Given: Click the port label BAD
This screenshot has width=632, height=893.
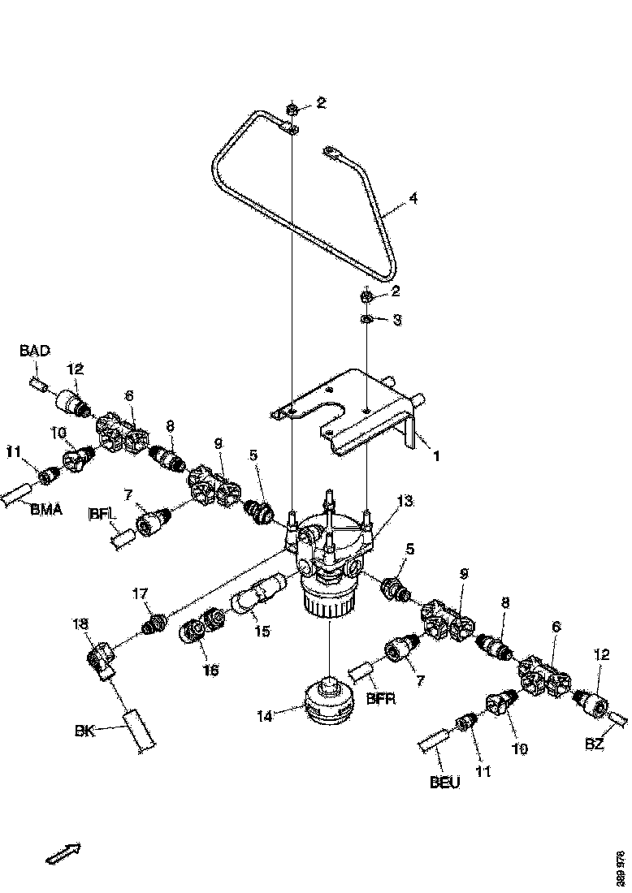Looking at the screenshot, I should coord(34,351).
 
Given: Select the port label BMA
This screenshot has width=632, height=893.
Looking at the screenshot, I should coord(46,510).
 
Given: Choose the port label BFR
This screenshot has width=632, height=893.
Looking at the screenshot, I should coord(380,697).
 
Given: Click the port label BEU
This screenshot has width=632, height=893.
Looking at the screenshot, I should coord(444,783).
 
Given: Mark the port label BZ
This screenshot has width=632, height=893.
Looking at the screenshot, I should coord(595,742).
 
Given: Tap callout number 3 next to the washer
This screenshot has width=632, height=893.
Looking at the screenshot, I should coord(396,321).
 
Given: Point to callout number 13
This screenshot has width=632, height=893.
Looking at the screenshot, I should coord(405,503).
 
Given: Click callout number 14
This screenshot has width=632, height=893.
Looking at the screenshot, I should coord(265,715).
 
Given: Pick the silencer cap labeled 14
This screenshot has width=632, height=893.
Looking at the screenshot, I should coord(327,702).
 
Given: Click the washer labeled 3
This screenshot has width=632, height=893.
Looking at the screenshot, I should coord(366,319).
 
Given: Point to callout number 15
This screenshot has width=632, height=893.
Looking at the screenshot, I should coord(262,630).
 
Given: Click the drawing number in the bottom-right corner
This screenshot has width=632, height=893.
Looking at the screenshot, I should coord(621,868).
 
